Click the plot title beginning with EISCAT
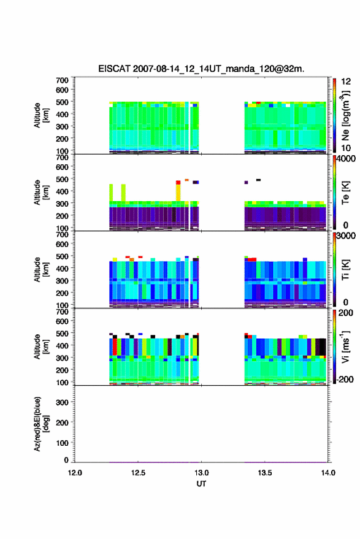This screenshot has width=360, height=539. [x=201, y=69]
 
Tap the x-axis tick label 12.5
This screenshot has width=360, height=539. [x=138, y=473]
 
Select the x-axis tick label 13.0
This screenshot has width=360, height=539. [x=201, y=473]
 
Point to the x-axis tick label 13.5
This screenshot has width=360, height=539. [x=265, y=473]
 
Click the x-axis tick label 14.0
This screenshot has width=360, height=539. [x=328, y=473]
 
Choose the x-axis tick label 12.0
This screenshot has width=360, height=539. [x=75, y=473]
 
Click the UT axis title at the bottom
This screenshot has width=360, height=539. [x=201, y=484]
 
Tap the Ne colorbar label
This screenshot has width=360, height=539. [x=345, y=115]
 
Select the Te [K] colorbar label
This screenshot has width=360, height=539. [x=345, y=193]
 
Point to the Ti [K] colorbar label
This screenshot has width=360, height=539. [x=345, y=270]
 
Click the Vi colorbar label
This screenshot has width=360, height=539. [x=345, y=346]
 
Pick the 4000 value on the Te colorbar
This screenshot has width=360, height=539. [x=347, y=158]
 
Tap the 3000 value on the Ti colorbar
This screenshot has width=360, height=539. [x=347, y=235]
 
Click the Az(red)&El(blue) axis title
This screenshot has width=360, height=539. [x=41, y=424]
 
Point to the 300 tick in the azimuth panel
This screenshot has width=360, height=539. [x=62, y=402]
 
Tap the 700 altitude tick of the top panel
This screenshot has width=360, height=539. [x=62, y=80]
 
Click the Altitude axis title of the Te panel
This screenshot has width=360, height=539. [x=41, y=193]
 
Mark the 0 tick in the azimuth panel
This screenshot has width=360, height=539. [x=66, y=460]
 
